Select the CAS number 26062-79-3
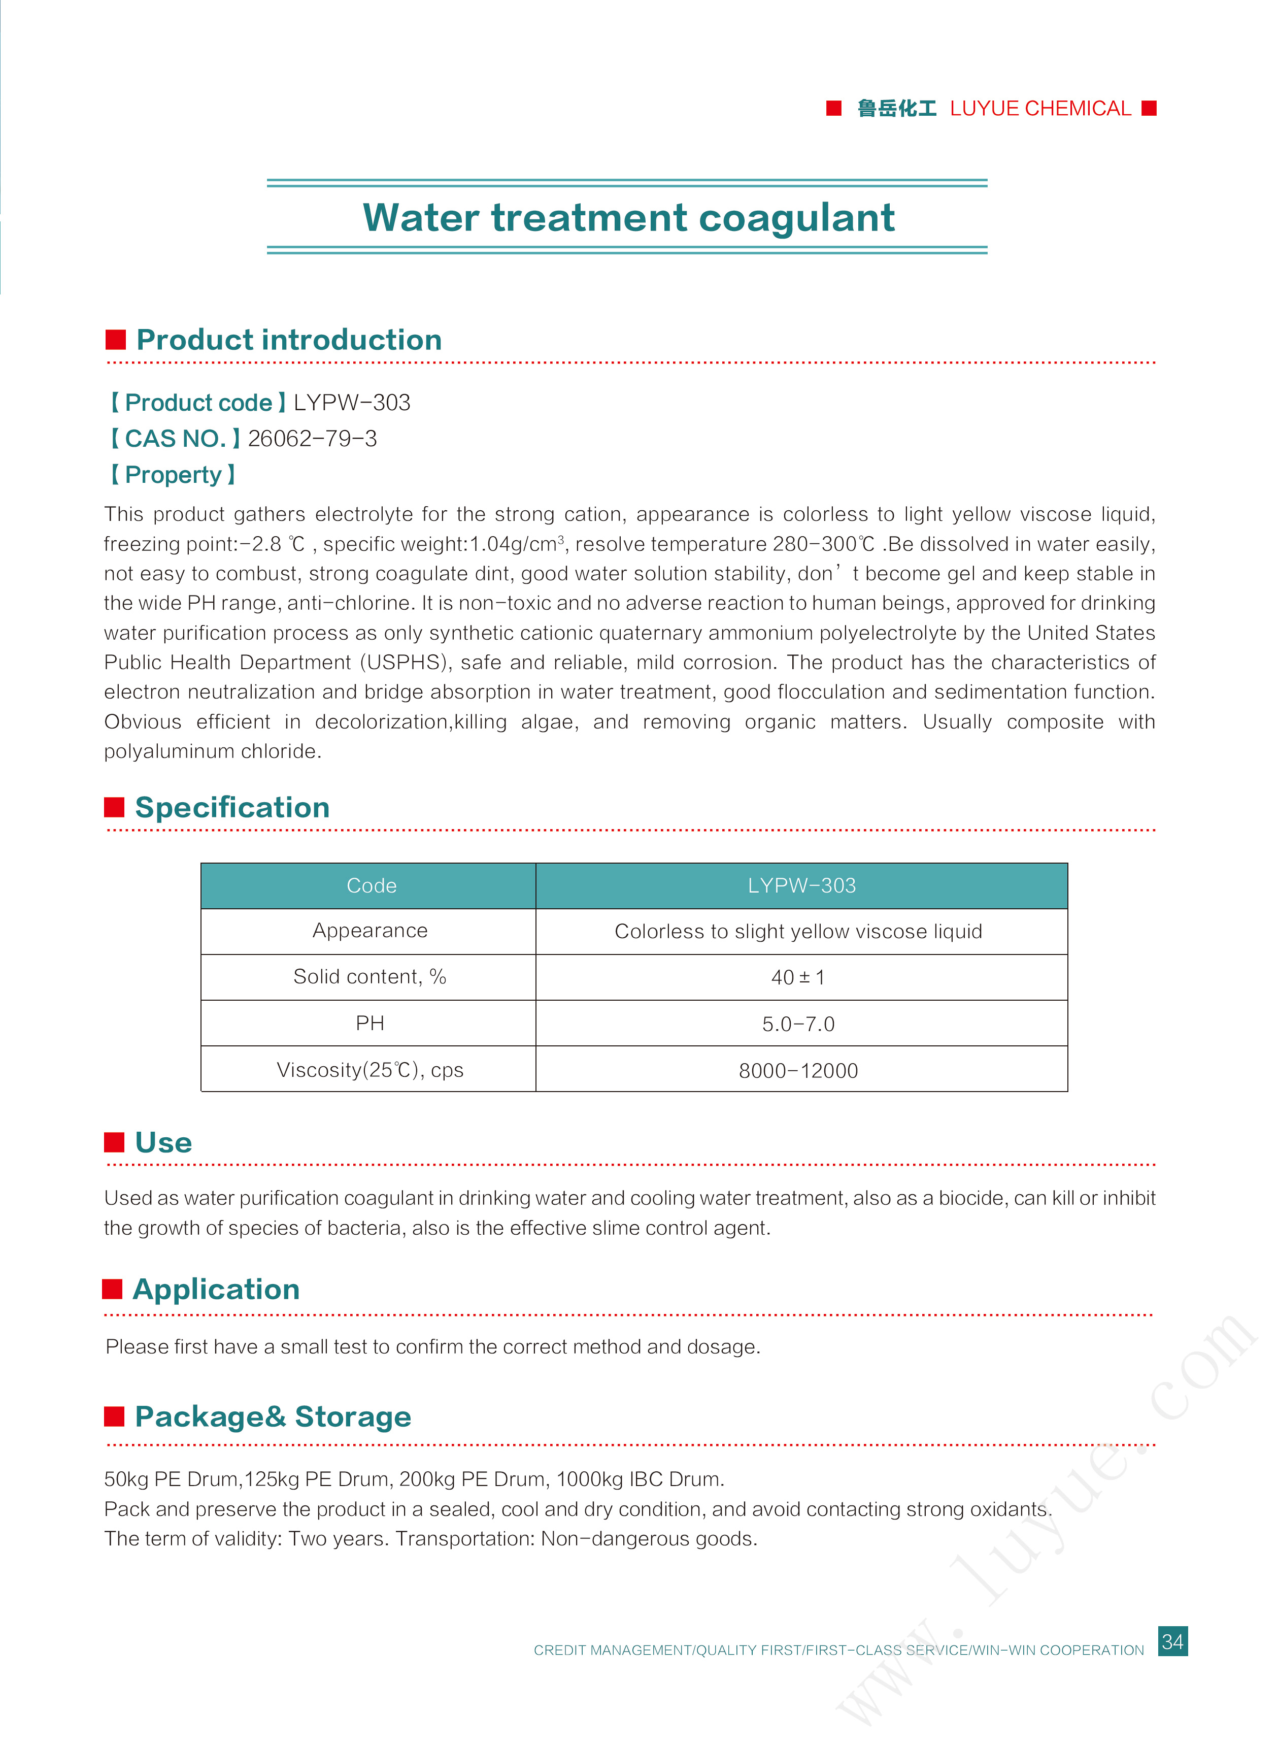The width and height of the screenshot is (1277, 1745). [x=312, y=438]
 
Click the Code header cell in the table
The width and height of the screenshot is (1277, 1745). [x=371, y=885]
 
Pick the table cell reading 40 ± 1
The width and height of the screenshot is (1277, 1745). [x=798, y=977]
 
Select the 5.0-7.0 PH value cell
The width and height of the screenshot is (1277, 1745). [x=798, y=1024]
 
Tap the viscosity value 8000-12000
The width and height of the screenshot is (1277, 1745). [x=798, y=1070]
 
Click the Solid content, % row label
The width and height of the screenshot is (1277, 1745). [x=369, y=976]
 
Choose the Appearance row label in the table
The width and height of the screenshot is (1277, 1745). [x=369, y=930]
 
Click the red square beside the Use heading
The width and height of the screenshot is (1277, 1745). [x=114, y=1142]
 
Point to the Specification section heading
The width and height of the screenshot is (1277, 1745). [x=232, y=807]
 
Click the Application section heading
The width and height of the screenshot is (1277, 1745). [x=216, y=1289]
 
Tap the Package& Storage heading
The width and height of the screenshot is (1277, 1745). [x=273, y=1417]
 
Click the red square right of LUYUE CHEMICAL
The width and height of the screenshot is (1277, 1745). [x=1149, y=108]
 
